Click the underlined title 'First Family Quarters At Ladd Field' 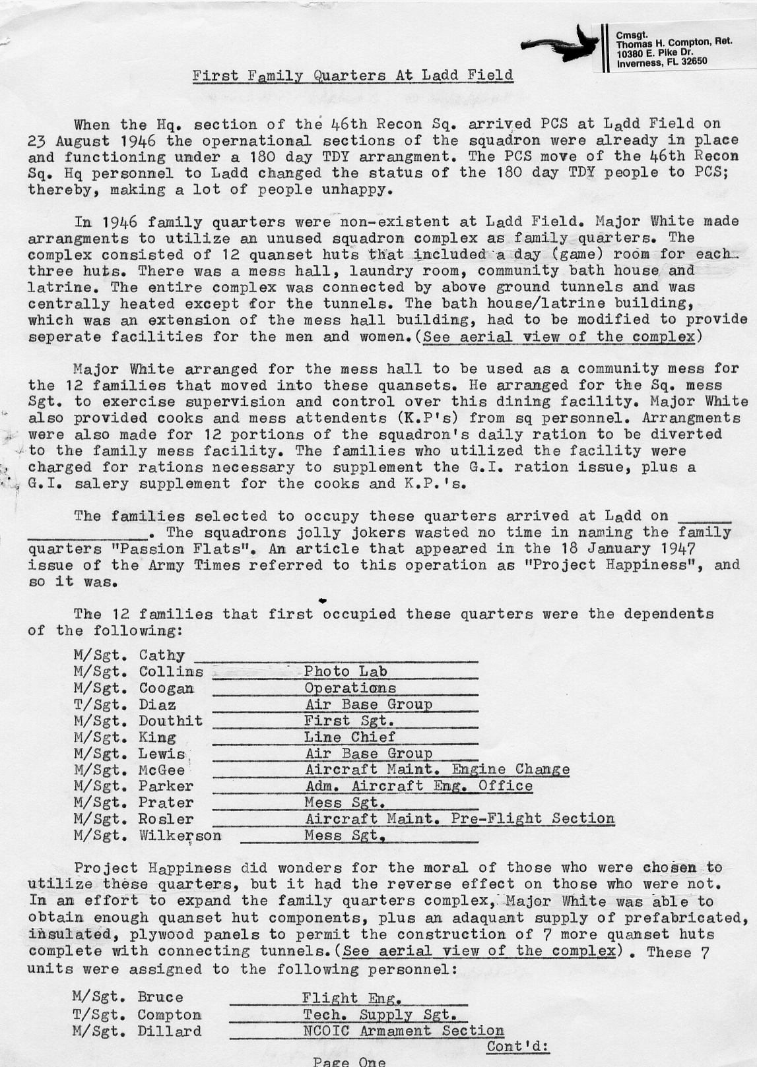[352, 75]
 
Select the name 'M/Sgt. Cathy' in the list [129, 655]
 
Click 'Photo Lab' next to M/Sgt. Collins [345, 671]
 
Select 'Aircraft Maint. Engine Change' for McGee [437, 770]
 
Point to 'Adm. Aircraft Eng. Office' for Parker [418, 786]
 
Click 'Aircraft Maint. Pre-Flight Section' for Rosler [459, 818]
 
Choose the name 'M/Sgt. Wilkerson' [147, 836]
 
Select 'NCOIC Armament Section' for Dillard [403, 1031]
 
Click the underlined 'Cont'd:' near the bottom [518, 1047]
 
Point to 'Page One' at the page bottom [349, 1062]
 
